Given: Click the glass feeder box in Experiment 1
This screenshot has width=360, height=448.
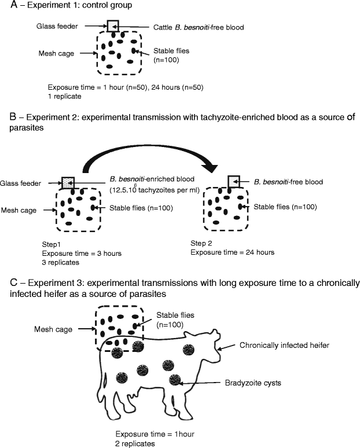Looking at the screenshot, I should [113, 26].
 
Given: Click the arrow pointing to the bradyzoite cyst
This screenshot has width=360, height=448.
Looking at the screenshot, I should [203, 383].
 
